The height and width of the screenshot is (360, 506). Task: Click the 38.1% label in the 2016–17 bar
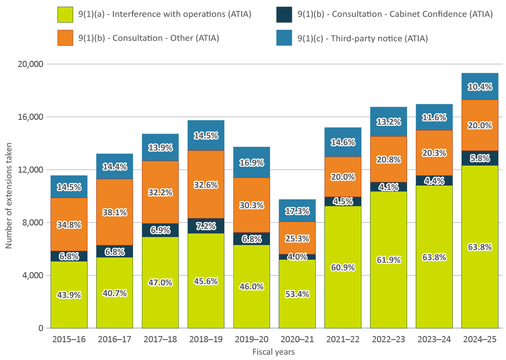tap(114, 212)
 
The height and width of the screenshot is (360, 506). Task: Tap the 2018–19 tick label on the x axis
tap(206, 340)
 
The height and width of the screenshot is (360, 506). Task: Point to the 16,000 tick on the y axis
tap(31, 117)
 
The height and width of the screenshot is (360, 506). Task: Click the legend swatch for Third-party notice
tap(284, 38)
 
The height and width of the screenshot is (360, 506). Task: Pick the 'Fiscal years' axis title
tap(274, 352)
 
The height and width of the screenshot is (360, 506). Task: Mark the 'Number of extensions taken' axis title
tap(8, 196)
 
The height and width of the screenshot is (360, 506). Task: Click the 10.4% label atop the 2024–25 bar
tap(479, 87)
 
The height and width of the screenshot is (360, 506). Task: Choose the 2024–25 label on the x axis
tap(479, 340)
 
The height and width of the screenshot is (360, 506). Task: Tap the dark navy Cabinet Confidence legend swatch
tap(284, 14)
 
